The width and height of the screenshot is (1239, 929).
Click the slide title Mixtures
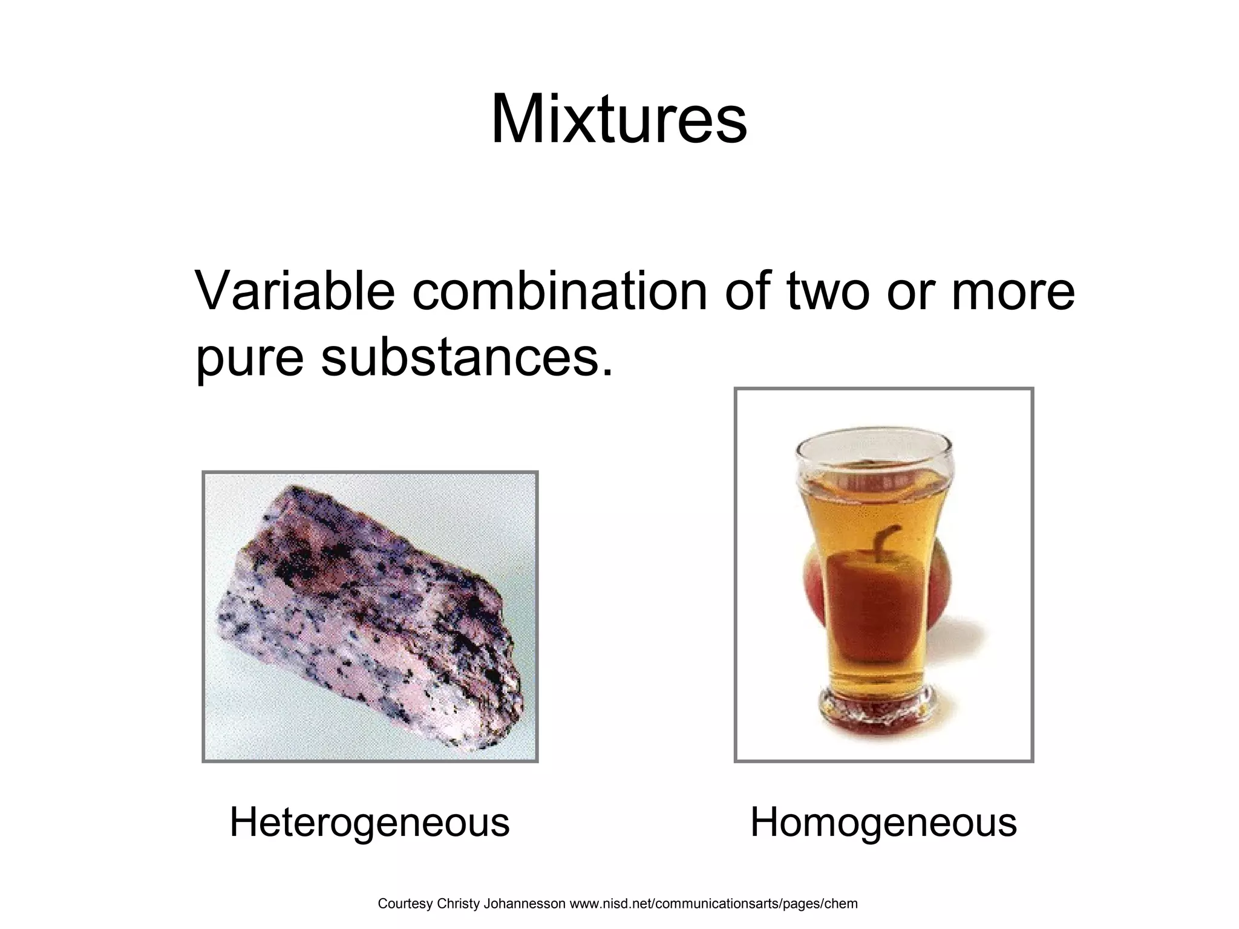click(619, 119)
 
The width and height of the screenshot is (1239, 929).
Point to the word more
click(1013, 293)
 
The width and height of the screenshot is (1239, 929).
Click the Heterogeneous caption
click(369, 823)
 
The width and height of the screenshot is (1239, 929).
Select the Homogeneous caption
click(883, 823)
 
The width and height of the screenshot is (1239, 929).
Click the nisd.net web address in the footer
click(714, 904)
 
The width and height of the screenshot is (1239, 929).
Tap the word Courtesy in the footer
click(404, 904)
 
